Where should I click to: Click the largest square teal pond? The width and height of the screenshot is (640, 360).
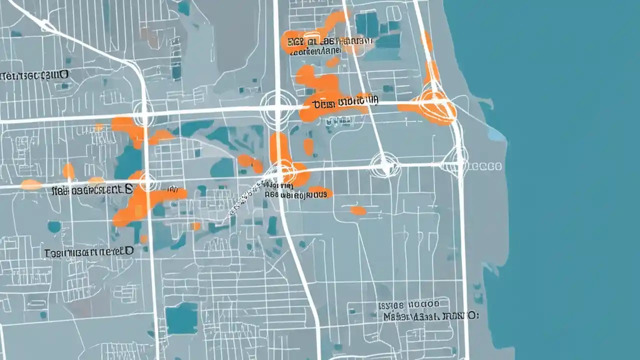click(181, 318)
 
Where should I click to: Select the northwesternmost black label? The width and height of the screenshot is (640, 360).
click(34, 75)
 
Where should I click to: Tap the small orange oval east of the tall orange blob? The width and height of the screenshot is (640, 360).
click(308, 146)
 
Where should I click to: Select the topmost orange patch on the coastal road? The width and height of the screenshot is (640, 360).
click(426, 40)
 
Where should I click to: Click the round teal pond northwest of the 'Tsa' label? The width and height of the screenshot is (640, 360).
click(53, 226)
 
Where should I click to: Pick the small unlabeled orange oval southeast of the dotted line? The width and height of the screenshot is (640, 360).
click(358, 210)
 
